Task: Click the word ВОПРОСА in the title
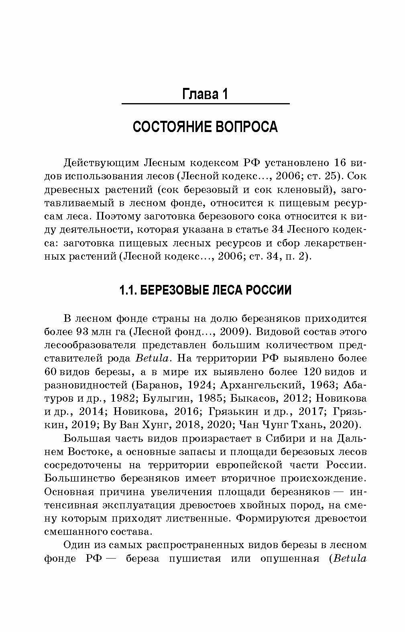247,127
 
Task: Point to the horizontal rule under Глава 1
205,104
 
